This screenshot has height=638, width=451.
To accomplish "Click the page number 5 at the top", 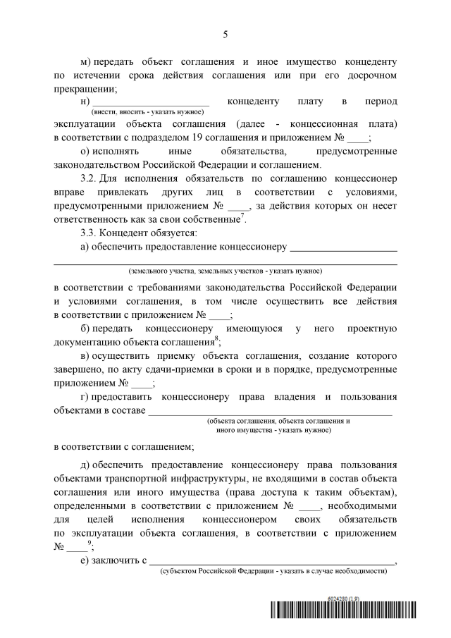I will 225,33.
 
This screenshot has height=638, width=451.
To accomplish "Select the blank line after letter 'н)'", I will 156,103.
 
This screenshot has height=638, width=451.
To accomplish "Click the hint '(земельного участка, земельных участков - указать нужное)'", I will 225,271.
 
